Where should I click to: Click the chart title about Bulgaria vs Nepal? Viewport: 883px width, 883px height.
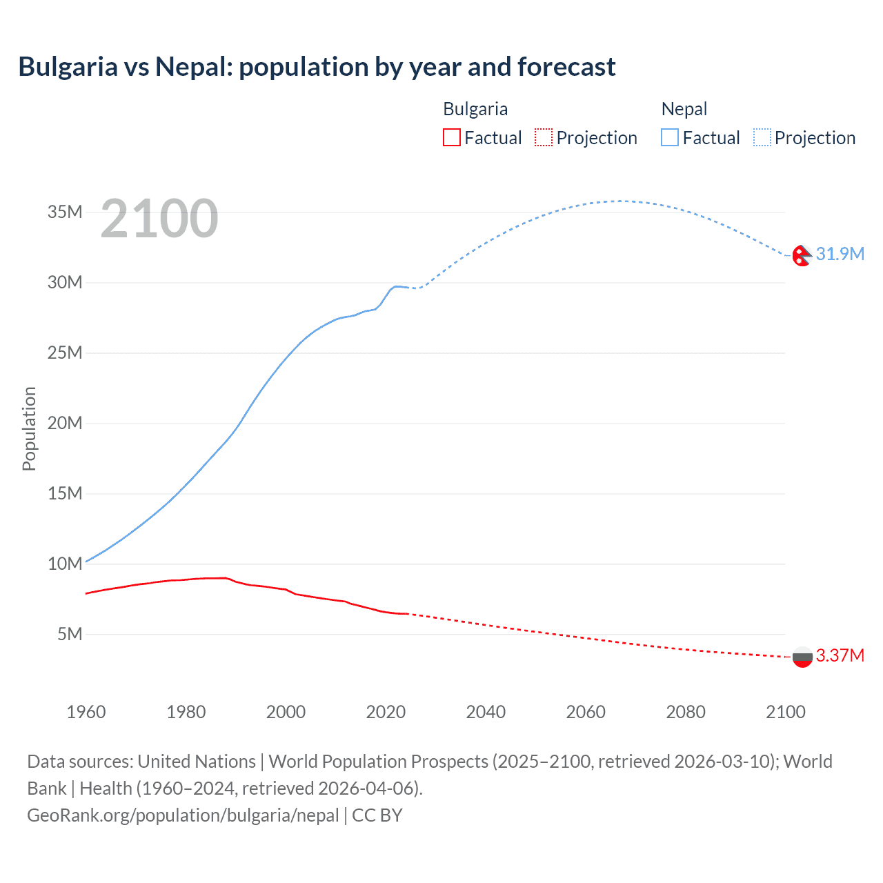pyautogui.click(x=317, y=67)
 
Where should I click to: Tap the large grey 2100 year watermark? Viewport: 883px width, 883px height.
pyautogui.click(x=159, y=219)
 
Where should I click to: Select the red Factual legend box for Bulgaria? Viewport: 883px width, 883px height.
pyautogui.click(x=451, y=137)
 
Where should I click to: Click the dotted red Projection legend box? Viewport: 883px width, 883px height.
pyautogui.click(x=544, y=137)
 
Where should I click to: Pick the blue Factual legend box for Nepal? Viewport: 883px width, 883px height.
pyautogui.click(x=670, y=137)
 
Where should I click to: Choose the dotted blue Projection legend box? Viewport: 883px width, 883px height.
pyautogui.click(x=762, y=137)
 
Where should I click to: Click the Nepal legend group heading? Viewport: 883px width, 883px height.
pyautogui.click(x=684, y=109)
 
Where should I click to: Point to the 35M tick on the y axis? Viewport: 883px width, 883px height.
pyautogui.click(x=65, y=212)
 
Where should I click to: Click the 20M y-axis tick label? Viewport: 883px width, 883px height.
pyautogui.click(x=65, y=423)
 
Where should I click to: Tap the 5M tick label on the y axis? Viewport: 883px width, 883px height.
pyautogui.click(x=70, y=634)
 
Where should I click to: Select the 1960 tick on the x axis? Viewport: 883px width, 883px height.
pyautogui.click(x=86, y=712)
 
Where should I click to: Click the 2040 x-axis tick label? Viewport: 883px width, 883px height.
pyautogui.click(x=486, y=712)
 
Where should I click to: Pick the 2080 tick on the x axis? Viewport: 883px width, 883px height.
pyautogui.click(x=686, y=712)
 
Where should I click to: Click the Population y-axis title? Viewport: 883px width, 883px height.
pyautogui.click(x=29, y=428)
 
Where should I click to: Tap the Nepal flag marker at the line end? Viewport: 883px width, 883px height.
pyautogui.click(x=802, y=255)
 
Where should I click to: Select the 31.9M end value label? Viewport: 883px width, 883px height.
pyautogui.click(x=840, y=254)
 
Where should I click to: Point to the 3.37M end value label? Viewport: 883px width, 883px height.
pyautogui.click(x=840, y=655)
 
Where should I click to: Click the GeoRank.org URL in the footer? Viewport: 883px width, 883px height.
pyautogui.click(x=183, y=815)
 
